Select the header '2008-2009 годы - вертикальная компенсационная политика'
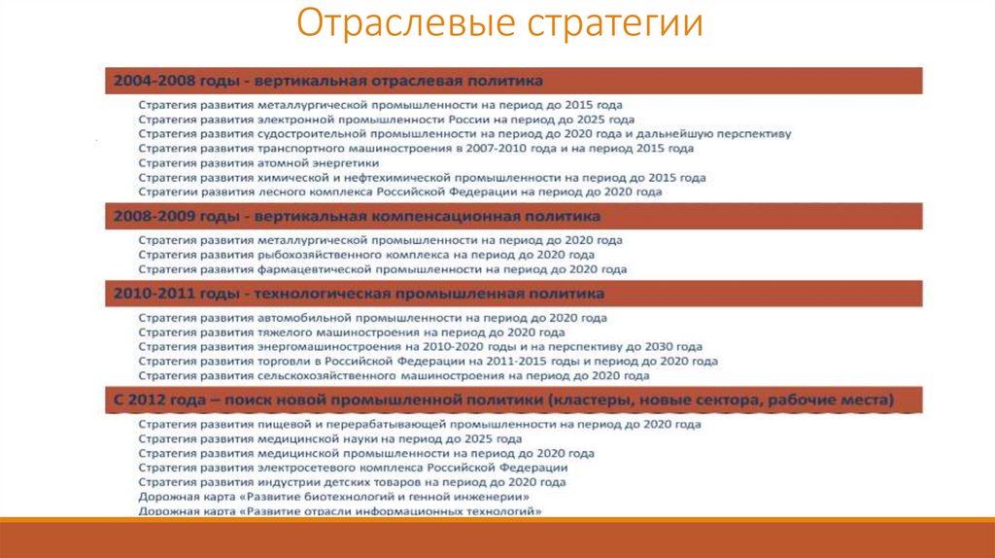coord(357,216)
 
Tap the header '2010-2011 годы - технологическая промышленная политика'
coord(359,294)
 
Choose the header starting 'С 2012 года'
coord(503,400)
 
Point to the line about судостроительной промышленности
coord(464,133)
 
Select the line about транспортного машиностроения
coord(415,149)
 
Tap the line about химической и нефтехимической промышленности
coord(422,178)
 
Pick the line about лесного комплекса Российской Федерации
coord(399,192)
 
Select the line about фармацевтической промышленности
coord(382,269)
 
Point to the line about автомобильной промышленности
coord(372,318)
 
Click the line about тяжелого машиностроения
coord(343,332)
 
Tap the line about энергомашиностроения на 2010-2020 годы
coord(420,346)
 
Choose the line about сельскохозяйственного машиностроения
coord(394,375)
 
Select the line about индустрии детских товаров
coord(352,482)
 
